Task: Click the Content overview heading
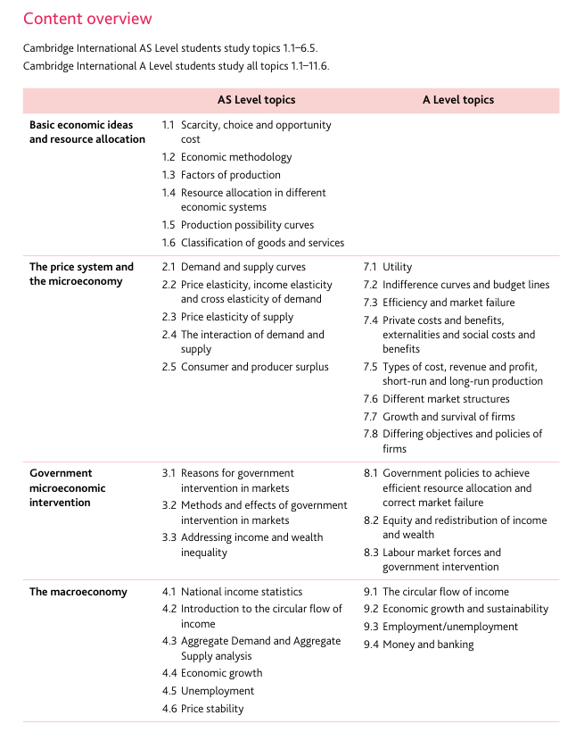(87, 19)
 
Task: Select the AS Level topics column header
(256, 100)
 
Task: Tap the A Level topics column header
(458, 100)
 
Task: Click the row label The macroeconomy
(78, 592)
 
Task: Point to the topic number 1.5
(169, 225)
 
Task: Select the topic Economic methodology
(236, 157)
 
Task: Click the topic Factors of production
(230, 175)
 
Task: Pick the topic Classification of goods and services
(262, 243)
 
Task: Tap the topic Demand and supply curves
(243, 267)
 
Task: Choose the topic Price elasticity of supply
(236, 317)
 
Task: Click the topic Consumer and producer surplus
(254, 367)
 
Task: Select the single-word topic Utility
(398, 267)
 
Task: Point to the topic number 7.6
(371, 399)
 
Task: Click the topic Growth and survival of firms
(448, 417)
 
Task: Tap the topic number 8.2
(371, 520)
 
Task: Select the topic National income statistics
(242, 592)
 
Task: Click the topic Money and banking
(428, 645)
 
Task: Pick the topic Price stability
(212, 709)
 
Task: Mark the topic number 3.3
(169, 537)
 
